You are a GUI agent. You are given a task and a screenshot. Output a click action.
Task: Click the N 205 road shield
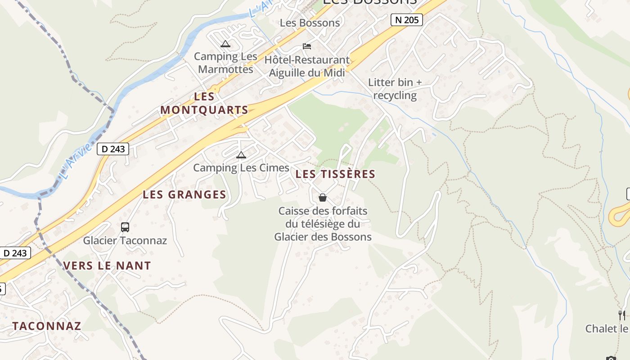406,20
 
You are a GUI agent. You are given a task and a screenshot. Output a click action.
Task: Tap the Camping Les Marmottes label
225,63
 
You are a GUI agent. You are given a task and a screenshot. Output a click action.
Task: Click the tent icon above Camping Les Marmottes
225,44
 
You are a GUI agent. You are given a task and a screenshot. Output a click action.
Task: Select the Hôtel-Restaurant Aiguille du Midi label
307,66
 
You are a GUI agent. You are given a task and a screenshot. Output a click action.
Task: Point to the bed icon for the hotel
307,46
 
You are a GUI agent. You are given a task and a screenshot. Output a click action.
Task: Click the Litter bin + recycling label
395,89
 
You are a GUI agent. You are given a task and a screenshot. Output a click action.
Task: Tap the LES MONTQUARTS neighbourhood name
204,103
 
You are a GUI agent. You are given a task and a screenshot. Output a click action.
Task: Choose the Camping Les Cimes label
241,168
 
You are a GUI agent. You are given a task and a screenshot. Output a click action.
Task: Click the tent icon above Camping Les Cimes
241,155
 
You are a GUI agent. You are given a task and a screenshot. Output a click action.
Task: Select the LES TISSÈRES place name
335,174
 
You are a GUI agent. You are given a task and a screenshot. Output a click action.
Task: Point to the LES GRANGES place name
184,195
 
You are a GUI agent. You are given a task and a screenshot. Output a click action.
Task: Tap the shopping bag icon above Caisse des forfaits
323,197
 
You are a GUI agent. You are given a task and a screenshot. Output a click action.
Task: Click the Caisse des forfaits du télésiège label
323,224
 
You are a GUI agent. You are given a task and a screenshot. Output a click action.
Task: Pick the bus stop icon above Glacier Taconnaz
125,227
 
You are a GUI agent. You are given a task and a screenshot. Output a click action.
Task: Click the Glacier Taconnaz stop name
125,240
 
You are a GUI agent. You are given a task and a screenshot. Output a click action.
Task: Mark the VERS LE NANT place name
107,265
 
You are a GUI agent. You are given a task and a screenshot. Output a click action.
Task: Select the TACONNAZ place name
47,326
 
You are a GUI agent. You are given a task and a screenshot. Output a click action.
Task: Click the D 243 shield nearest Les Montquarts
113,149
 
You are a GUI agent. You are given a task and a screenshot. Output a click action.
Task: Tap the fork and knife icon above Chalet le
622,315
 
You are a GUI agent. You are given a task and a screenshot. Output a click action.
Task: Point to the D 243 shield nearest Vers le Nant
15,253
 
